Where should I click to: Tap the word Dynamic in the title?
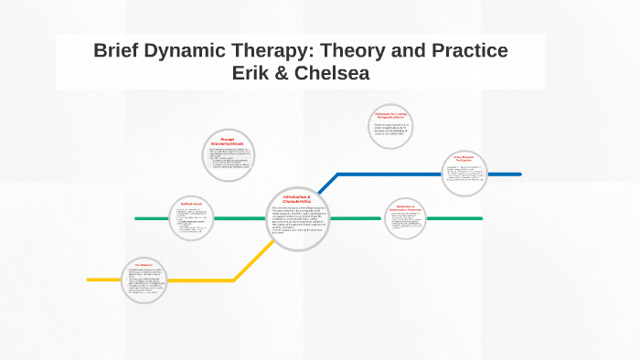pos(197,51)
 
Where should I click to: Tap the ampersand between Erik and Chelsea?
pos(287,74)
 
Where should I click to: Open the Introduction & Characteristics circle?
pos(297,218)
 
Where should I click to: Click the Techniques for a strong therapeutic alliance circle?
pos(393,128)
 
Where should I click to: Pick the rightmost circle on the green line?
pos(405,218)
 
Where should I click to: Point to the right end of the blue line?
pos(519,174)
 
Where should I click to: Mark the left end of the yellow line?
pos(90,279)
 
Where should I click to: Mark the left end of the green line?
pos(137,218)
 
